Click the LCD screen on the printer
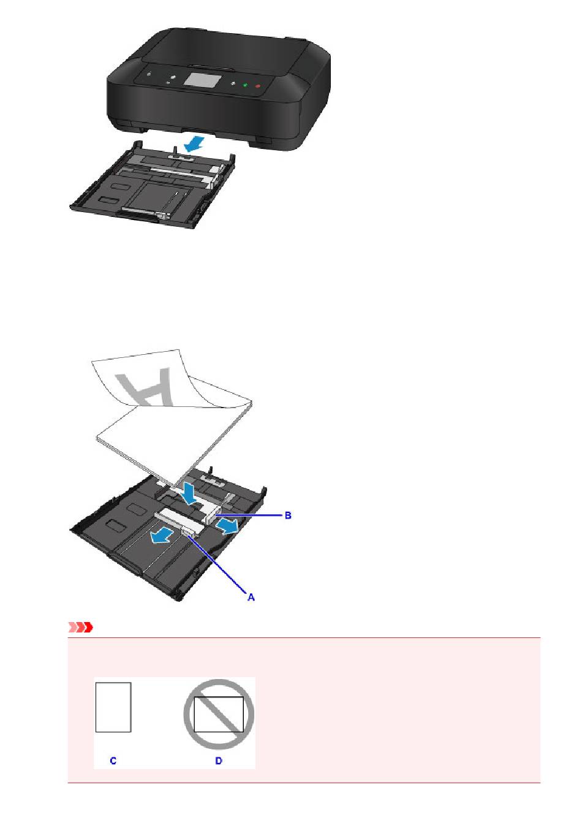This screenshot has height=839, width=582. coord(201,82)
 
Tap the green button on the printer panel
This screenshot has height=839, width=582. coord(244,85)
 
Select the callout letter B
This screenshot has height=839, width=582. coord(287,515)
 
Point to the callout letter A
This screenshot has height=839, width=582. coord(251,597)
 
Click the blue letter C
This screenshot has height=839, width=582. coord(113,761)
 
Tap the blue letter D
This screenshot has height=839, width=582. coord(218,761)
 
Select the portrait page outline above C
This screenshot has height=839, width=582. coord(113,707)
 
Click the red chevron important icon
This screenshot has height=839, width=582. coord(80,627)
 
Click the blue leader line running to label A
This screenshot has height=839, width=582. coord(217,564)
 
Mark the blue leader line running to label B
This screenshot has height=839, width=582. coord(249,515)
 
